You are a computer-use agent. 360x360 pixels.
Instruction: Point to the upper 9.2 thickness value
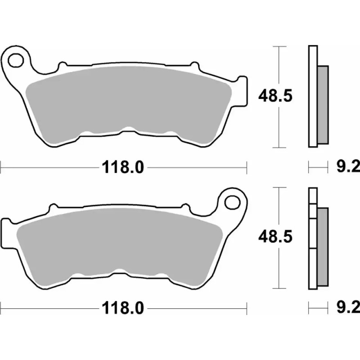346,168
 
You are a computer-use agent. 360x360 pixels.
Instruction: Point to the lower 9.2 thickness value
346,308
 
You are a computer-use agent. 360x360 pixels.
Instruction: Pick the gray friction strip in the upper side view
323,104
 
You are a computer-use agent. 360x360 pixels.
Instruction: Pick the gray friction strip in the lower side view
323,245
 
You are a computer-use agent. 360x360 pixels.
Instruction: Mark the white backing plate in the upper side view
311,96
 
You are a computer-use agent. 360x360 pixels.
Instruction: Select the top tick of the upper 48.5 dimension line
280,46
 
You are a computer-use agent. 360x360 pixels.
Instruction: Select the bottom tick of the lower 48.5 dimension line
280,288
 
